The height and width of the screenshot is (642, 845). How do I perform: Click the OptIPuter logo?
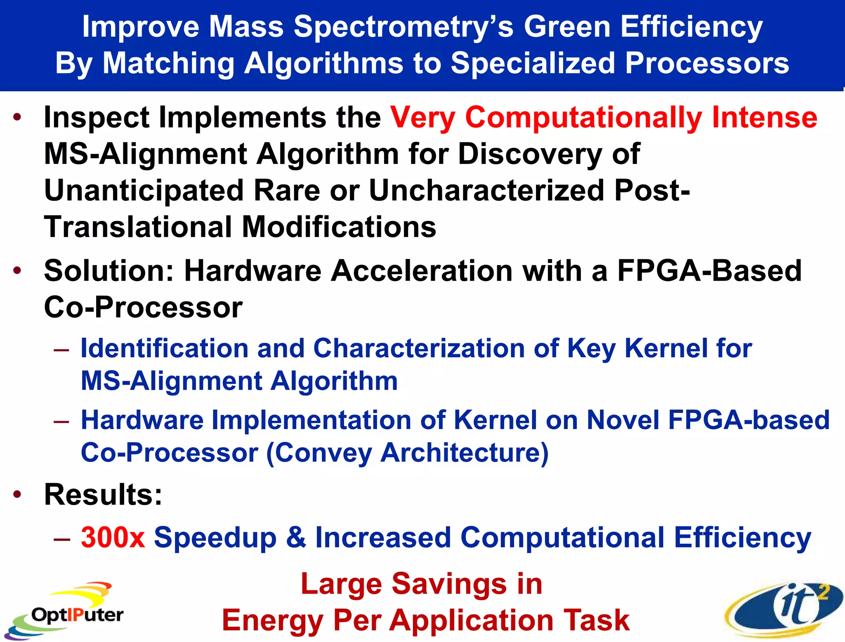click(66, 611)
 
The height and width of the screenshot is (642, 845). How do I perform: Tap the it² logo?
click(784, 609)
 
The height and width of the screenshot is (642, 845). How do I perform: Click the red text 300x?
click(113, 538)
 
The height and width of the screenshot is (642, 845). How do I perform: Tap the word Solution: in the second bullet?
click(109, 271)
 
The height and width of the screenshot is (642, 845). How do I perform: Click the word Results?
click(103, 495)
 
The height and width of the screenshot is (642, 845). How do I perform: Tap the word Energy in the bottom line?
click(273, 621)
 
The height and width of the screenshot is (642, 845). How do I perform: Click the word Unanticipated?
click(144, 191)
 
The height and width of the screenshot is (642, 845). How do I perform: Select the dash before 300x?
click(61, 539)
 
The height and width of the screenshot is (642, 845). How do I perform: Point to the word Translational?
click(138, 227)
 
